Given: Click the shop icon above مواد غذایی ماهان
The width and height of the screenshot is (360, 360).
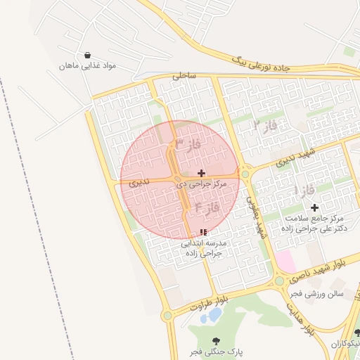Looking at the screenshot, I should click(x=86, y=55).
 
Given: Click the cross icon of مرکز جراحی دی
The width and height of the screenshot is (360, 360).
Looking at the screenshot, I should click(x=202, y=173).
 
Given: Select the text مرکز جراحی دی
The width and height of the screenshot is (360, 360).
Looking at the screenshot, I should click(x=201, y=184).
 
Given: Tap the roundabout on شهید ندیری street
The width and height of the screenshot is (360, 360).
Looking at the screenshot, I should click(x=245, y=174).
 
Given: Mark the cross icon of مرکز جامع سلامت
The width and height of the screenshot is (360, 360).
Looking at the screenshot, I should click(x=314, y=207).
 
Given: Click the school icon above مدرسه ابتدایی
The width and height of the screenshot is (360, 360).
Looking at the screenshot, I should click(x=203, y=232).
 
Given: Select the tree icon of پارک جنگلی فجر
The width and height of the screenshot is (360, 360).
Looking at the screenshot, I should click(x=215, y=340).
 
